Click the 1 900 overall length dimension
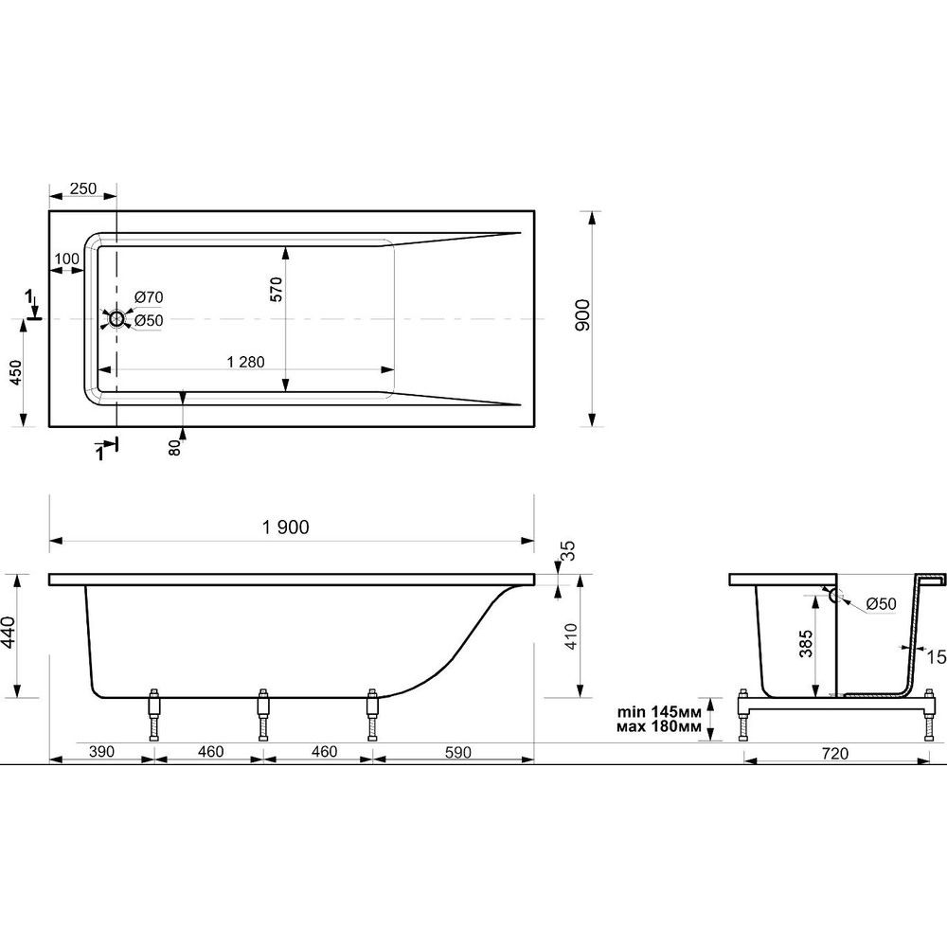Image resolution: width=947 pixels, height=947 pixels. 286,527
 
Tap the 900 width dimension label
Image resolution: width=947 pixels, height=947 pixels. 582,314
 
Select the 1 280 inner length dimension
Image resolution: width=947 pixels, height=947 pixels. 246,362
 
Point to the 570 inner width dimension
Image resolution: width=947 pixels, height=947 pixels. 276,289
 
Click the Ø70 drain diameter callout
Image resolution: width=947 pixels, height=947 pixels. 149,297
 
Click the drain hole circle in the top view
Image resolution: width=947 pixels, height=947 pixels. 116,318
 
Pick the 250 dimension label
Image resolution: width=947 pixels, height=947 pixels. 83,188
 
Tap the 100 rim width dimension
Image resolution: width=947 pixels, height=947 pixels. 66,259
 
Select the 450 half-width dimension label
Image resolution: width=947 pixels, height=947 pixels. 15,372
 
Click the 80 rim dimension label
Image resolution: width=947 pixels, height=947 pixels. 174,448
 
